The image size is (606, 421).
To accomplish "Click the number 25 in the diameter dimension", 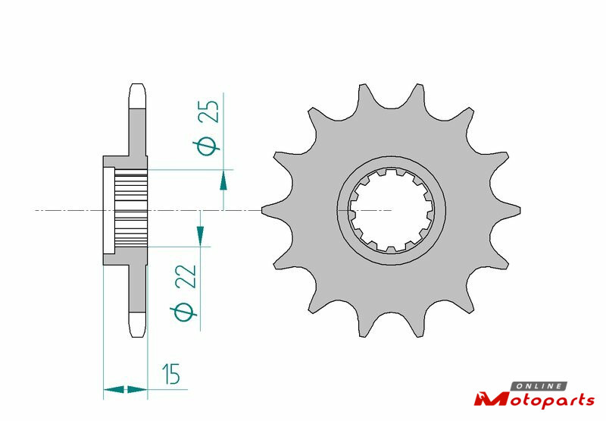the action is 209,112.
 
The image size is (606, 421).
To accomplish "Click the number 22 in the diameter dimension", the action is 186,277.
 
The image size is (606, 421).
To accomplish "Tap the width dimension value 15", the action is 171,374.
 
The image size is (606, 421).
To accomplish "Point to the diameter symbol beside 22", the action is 183,313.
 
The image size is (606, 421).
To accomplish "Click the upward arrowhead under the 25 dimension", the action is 223,181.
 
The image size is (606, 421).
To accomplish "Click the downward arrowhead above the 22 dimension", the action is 200,236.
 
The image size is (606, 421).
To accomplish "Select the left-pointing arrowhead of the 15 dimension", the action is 114,389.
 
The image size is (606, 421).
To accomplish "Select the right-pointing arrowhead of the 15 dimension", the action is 137,389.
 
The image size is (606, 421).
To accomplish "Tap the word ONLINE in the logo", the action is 539,386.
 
